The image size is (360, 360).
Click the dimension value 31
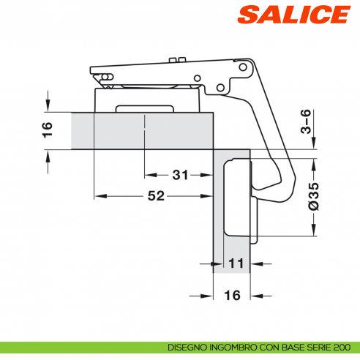click(x=180, y=175)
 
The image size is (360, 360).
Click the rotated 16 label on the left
click(x=48, y=131)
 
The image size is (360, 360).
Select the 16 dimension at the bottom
click(x=232, y=296)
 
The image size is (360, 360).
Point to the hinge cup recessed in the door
click(x=238, y=198)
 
